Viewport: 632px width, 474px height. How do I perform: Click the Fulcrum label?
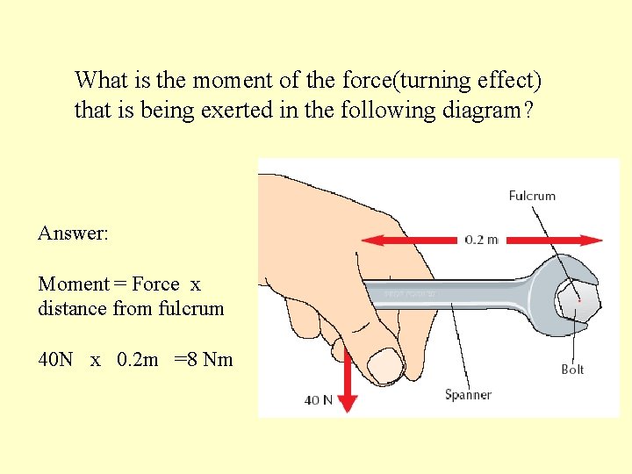coord(532,196)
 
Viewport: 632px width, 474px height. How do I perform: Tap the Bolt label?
coord(572,370)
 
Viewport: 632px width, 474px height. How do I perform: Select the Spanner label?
coord(468,395)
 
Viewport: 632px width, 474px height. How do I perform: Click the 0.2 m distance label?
coord(481,240)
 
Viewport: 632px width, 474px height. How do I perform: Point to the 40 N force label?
coord(319,400)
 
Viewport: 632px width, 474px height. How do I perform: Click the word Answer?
coord(73,233)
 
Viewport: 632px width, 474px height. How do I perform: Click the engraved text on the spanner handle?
coord(410,292)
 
